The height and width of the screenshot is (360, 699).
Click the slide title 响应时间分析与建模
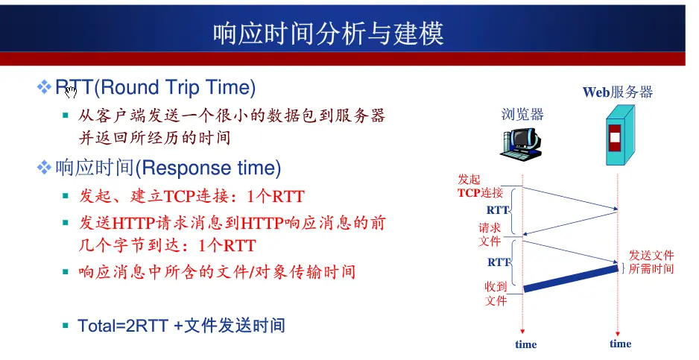point(328,34)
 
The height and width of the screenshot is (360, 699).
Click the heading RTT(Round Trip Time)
point(155,87)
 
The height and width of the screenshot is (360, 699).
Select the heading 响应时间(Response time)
point(168,168)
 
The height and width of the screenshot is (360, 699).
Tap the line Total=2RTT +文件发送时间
point(181,326)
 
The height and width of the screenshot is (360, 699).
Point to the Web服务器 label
point(618,92)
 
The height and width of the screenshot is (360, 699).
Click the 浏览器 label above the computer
point(522,114)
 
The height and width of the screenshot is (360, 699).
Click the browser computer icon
point(521,143)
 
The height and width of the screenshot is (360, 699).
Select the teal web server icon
point(620,135)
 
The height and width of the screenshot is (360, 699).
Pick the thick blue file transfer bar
point(571,279)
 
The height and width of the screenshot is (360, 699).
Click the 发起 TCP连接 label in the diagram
point(480,186)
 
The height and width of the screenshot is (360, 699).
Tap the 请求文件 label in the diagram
point(490,235)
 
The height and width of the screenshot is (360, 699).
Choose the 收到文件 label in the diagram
point(496,294)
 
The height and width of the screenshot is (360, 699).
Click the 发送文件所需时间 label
point(651,262)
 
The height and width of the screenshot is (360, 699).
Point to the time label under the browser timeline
point(525,344)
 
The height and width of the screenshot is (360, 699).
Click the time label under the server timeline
point(620,344)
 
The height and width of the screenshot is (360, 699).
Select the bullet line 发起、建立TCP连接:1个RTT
point(192,196)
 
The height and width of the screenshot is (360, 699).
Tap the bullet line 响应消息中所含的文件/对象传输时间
point(217,271)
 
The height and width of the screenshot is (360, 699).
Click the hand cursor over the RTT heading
point(71,92)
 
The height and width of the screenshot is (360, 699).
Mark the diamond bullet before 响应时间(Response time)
point(44,168)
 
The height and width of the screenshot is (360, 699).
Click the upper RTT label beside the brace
point(498,210)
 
